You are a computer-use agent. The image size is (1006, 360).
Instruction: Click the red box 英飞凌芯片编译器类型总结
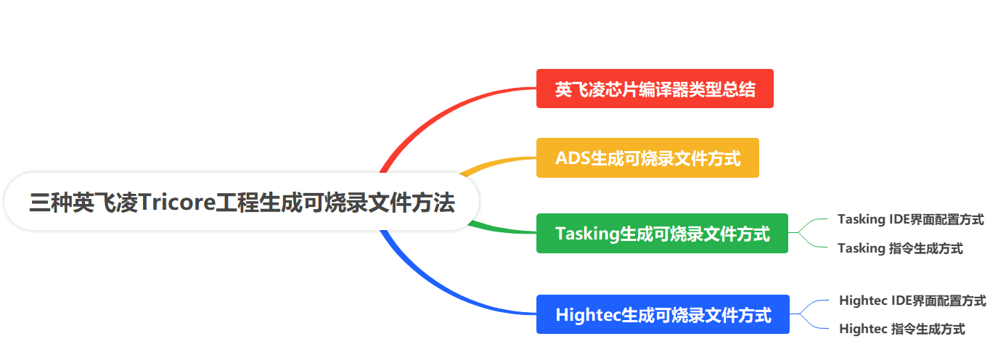tap(655, 89)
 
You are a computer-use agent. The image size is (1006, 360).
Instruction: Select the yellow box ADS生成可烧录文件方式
tap(647, 157)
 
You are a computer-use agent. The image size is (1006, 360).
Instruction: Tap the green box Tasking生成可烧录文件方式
tap(662, 233)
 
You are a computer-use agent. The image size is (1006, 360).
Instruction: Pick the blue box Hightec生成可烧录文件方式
tap(663, 314)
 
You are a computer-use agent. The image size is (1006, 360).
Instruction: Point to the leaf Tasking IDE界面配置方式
tap(910, 218)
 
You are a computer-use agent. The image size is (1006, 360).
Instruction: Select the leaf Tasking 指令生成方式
tap(900, 248)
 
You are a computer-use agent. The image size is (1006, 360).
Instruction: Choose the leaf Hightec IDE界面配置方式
tap(912, 300)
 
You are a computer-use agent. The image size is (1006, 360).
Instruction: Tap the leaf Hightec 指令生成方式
tap(901, 329)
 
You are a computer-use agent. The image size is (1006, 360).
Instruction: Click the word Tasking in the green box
tap(586, 234)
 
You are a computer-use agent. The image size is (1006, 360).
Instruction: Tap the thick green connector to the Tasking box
tap(501, 229)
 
